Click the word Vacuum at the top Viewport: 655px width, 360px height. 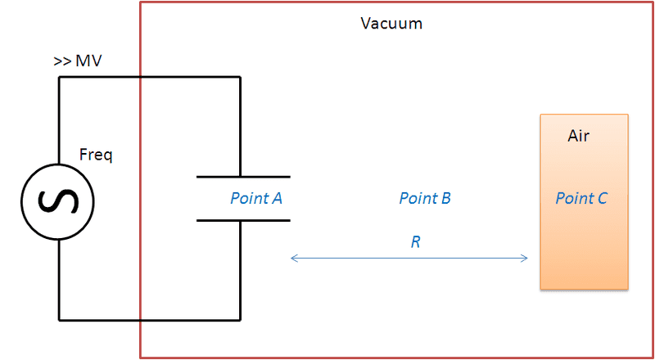391,23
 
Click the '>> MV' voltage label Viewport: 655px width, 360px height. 78,61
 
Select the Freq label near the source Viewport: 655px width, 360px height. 96,154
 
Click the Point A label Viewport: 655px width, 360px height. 256,198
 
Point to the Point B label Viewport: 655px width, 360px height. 425,198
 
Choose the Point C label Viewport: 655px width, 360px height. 581,198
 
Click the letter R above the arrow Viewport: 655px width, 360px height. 416,242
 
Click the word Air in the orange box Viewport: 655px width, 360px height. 579,136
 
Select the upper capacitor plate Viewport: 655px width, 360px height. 243,177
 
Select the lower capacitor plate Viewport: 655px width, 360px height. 243,220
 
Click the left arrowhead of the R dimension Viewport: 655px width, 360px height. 294,259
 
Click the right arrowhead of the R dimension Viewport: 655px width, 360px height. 525,259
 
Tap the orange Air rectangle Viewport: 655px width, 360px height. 584,245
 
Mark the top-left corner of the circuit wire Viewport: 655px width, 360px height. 59,78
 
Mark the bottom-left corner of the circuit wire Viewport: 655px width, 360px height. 59,319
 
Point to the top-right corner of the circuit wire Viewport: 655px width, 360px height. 240,78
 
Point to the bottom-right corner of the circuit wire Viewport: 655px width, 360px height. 240,319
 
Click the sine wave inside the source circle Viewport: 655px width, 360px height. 59,200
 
